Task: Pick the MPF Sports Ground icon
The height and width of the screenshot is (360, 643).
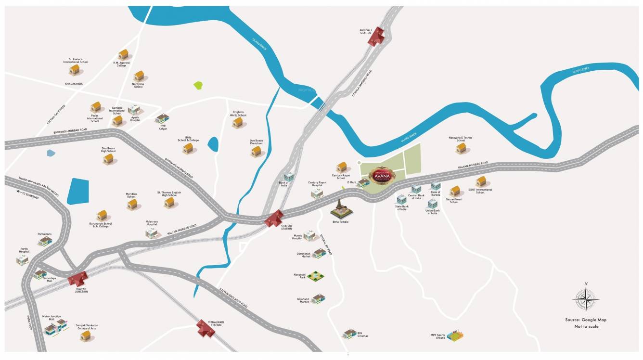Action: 455,335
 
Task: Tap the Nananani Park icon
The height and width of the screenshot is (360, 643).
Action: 316,276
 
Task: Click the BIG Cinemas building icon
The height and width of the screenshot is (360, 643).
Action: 349,334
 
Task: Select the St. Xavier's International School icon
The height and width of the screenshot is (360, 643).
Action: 75,70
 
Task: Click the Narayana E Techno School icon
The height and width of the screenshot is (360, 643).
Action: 461,148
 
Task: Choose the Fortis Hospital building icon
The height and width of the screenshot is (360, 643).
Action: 23,260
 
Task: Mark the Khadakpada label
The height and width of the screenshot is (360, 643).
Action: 74,84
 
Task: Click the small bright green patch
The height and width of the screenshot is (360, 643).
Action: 198,86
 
